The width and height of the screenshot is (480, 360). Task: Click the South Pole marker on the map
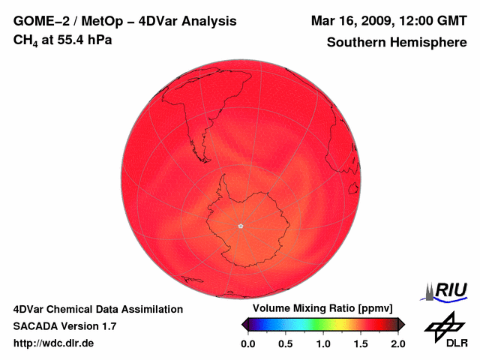(240, 225)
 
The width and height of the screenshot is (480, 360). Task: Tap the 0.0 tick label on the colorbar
(248, 343)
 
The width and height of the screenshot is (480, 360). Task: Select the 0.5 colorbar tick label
(286, 343)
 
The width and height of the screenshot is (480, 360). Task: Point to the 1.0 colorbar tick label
(323, 343)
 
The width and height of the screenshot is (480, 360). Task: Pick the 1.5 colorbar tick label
(361, 343)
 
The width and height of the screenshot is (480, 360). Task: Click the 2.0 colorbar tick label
(397, 343)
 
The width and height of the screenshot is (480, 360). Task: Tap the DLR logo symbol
(445, 327)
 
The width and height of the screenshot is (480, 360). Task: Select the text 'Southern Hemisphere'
(397, 43)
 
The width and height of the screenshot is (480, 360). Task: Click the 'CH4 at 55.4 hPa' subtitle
(63, 40)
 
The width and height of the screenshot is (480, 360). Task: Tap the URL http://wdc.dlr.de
(54, 343)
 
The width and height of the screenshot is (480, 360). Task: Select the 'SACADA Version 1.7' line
(64, 326)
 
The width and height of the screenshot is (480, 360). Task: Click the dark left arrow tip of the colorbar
(244, 324)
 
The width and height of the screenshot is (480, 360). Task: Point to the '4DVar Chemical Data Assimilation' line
(97, 309)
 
